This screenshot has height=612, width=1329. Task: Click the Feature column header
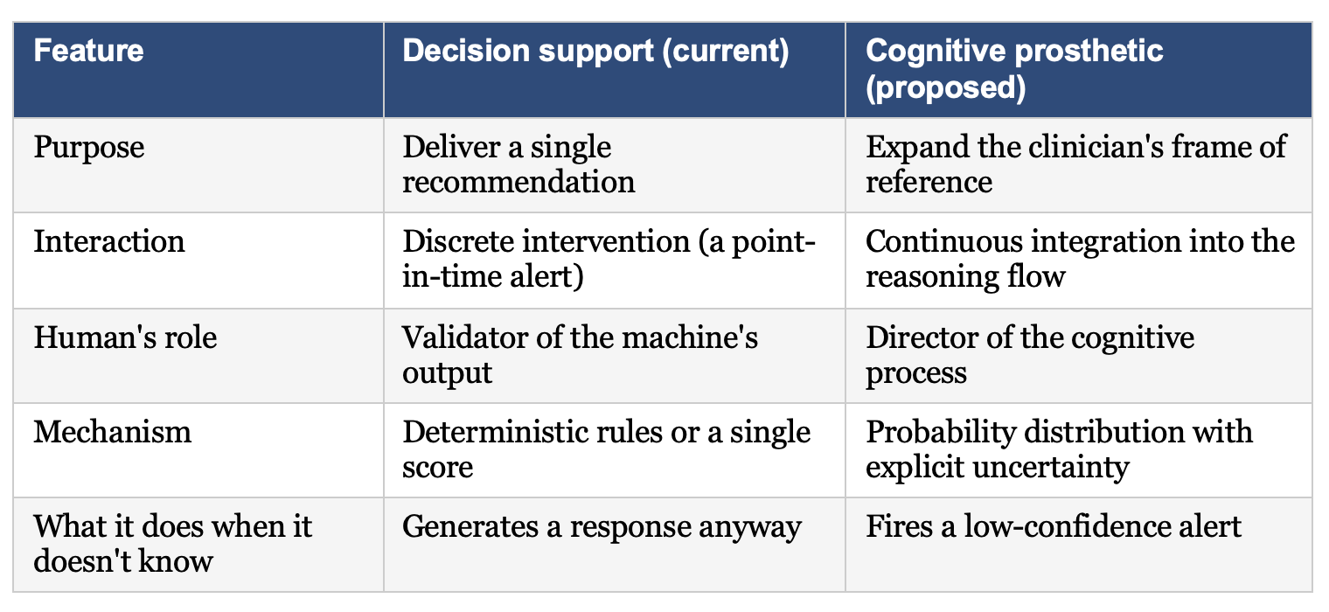point(88,51)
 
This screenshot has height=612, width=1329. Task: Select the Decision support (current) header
point(595,52)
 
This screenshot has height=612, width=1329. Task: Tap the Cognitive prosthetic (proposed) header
point(1014,69)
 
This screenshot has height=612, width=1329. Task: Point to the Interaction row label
point(109,242)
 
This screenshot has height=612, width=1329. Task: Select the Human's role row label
point(125,337)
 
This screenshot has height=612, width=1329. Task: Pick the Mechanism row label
point(113,432)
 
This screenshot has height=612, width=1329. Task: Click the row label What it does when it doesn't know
point(172,544)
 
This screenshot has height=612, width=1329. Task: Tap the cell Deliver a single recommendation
point(518,164)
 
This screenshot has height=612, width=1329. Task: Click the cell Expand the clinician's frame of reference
point(1075,164)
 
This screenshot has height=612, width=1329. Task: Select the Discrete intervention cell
point(609,259)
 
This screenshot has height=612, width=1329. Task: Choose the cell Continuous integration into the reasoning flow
point(1080,259)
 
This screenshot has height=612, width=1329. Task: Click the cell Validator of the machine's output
point(581,355)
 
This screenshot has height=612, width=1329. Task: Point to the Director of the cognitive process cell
point(1030,355)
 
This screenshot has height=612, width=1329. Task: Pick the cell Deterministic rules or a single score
point(607,449)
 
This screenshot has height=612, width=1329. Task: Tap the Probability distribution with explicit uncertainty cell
point(1059,449)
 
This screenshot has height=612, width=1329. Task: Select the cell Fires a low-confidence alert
point(1053,526)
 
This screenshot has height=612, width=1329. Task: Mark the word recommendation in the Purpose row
point(518,182)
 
